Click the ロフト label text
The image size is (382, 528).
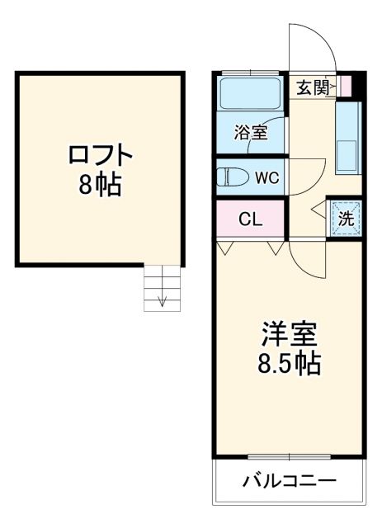tap(98, 155)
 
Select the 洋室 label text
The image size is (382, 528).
tap(289, 335)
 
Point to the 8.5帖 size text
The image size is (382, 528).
tap(289, 364)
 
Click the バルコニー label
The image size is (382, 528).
tap(289, 481)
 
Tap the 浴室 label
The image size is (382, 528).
tap(251, 132)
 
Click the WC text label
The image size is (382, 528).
tap(266, 177)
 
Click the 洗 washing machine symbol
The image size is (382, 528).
tap(347, 219)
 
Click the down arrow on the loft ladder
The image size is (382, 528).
tap(163, 299)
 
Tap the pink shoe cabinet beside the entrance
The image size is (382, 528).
tap(347, 85)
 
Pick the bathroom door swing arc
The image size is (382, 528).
tap(278, 132)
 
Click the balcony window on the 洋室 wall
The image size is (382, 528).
tap(288, 456)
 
